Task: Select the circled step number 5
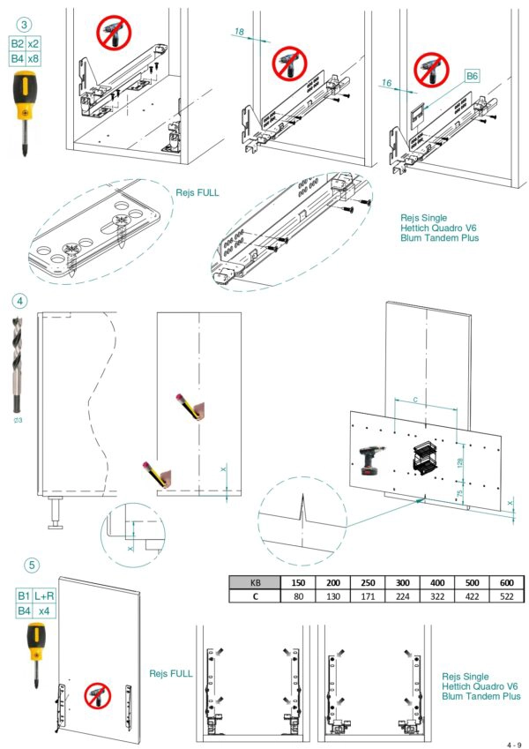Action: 32,565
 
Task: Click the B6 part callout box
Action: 473,77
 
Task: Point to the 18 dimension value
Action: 238,32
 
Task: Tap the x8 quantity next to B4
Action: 34,58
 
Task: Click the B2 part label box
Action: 17,43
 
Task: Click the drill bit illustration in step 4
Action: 19,363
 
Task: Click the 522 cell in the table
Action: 506,596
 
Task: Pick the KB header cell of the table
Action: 255,582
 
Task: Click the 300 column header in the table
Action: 401,582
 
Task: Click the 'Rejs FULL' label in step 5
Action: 171,673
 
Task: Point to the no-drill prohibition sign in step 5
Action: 96,697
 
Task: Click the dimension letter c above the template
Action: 414,400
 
